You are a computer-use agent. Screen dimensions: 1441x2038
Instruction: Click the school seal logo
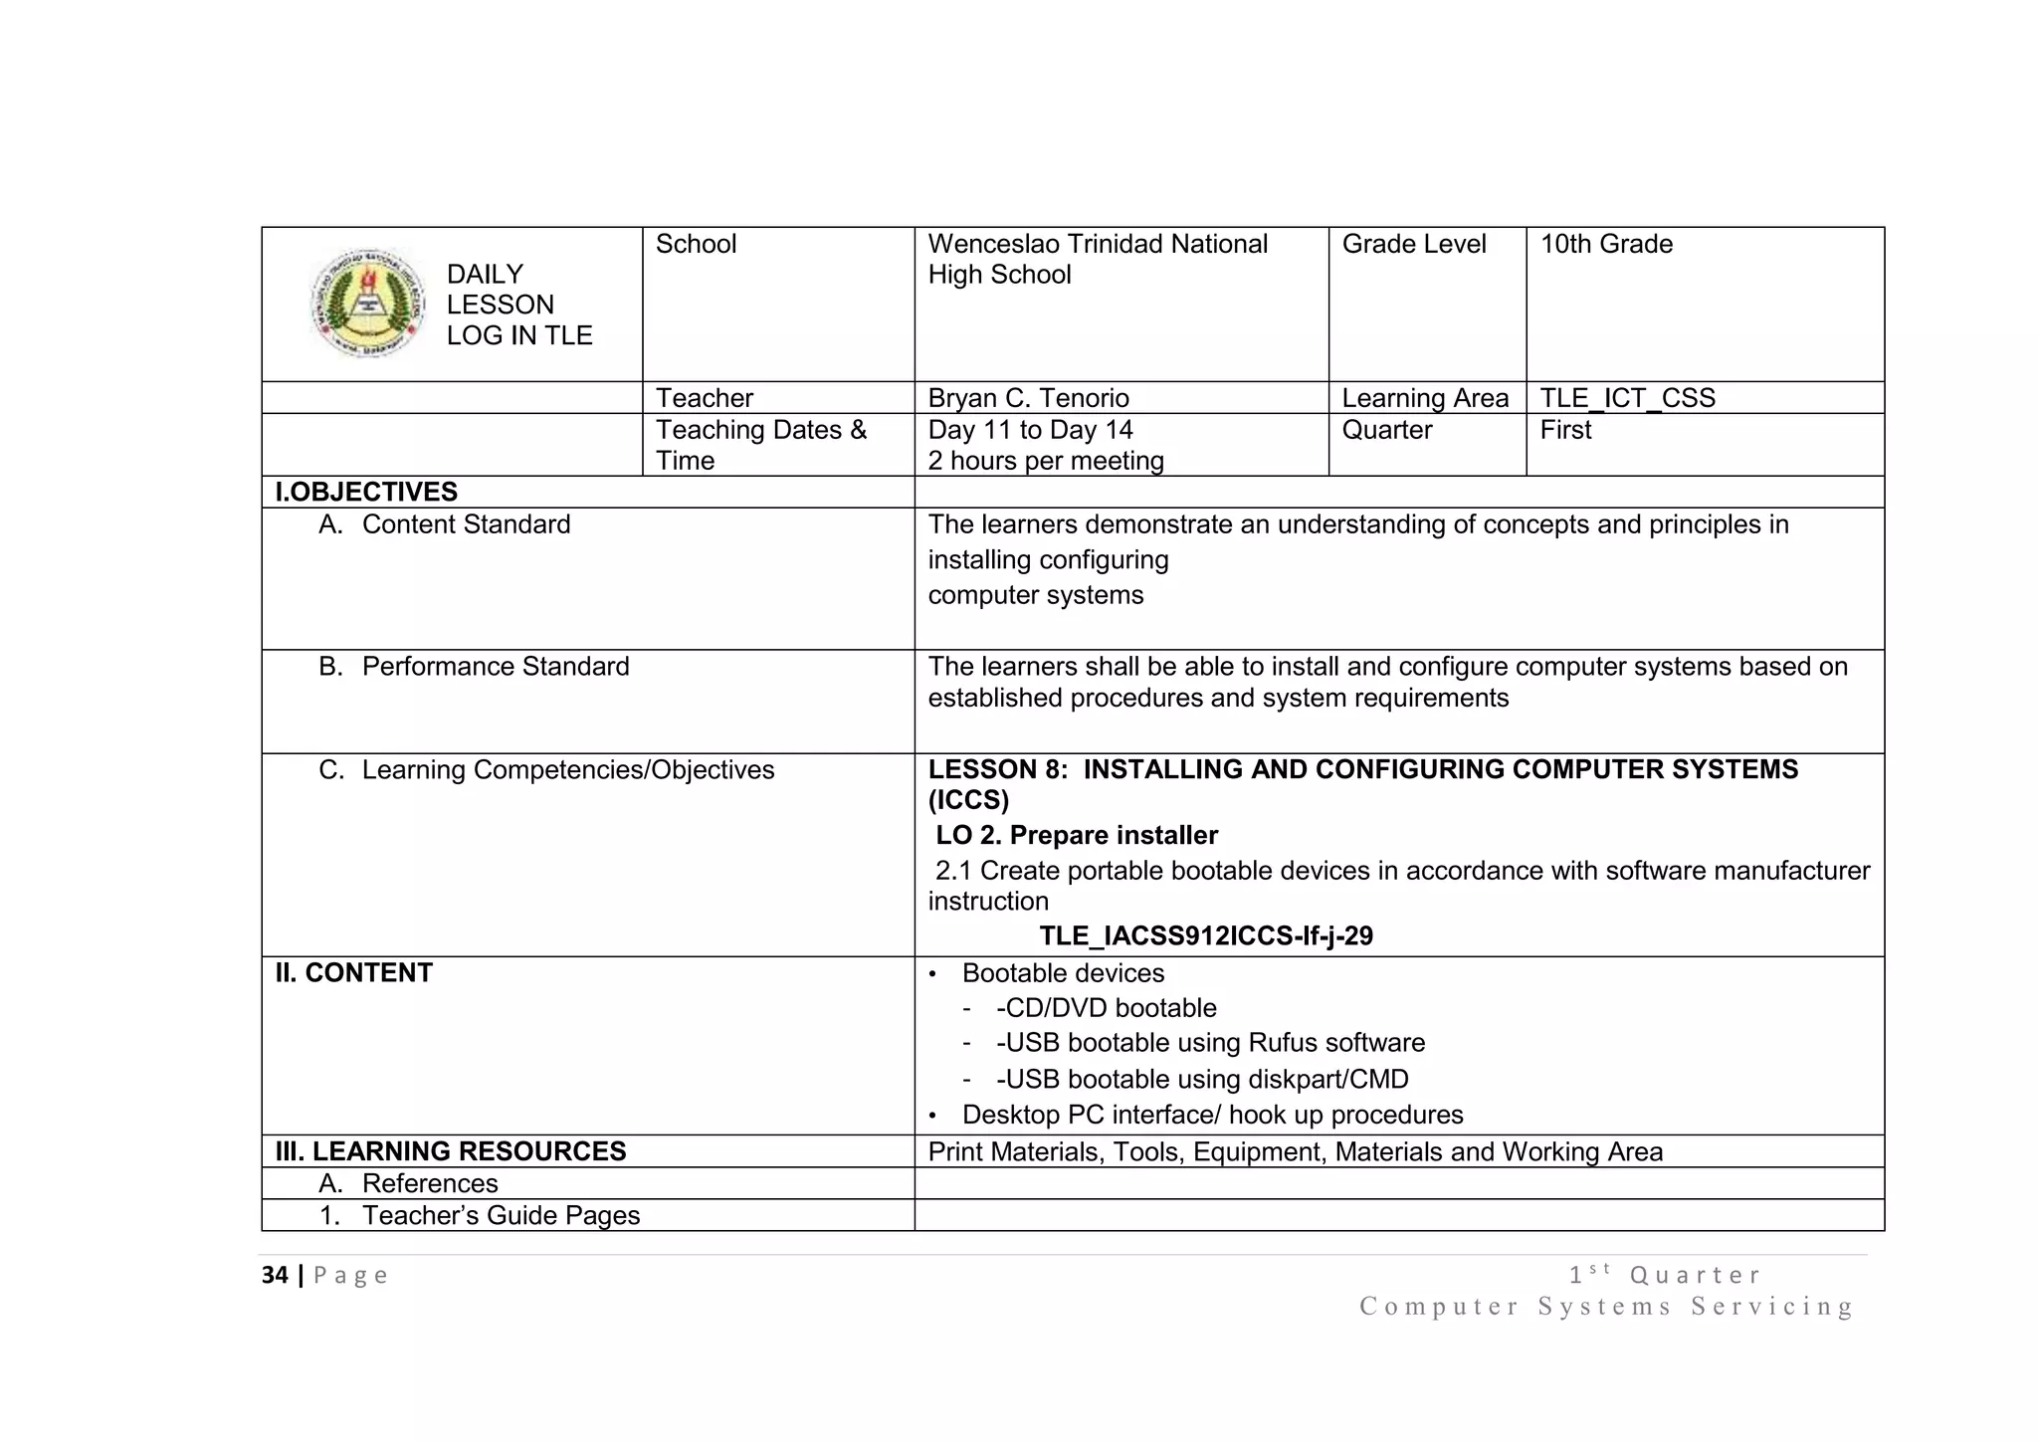368,304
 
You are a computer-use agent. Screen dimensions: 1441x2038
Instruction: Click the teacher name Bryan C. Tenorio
1028,398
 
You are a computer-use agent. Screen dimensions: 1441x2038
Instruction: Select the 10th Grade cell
1606,245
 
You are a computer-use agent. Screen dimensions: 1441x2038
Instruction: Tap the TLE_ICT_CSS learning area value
1627,398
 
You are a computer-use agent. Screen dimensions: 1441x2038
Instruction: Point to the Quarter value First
1565,430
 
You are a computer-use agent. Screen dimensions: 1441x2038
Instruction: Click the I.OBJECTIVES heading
366,492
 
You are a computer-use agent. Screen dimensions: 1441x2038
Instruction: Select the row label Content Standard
465,524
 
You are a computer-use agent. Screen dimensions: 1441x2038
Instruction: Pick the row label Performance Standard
495,667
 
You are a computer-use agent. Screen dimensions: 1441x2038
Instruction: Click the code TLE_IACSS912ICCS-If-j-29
1206,936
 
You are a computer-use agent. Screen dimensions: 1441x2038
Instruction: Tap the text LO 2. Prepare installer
1077,835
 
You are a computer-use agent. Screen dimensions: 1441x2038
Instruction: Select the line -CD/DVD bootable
1106,1008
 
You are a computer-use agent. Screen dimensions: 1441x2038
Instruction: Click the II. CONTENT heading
353,973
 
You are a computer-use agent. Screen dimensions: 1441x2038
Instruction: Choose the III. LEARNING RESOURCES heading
451,1151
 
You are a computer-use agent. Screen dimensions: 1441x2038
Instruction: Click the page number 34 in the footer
275,1276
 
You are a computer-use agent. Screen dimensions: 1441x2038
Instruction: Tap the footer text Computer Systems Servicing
1606,1307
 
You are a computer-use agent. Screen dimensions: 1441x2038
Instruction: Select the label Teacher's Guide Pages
500,1215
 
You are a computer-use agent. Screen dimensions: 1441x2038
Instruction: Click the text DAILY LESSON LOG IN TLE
518,305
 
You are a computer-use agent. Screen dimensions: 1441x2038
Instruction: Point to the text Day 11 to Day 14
1030,430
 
